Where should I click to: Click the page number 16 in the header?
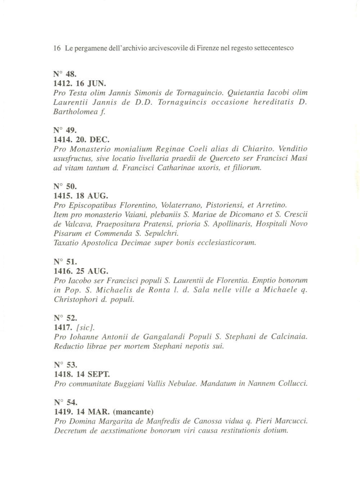(x=56, y=48)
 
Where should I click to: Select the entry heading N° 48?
(x=65, y=75)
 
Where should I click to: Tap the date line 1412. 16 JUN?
(x=80, y=84)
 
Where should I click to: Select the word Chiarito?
(x=258, y=148)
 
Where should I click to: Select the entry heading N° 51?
(x=65, y=261)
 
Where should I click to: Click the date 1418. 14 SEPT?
(x=82, y=374)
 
